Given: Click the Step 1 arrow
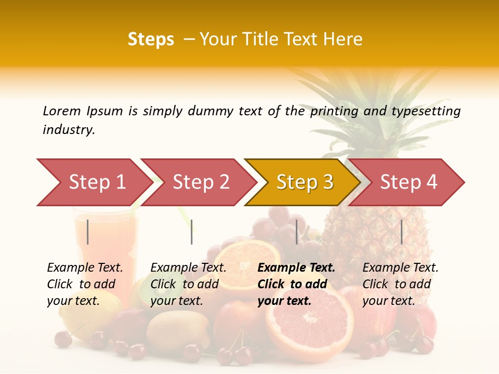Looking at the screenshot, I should pyautogui.click(x=94, y=182).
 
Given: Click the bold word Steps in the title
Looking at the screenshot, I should pyautogui.click(x=151, y=39).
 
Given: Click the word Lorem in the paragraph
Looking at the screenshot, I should pyautogui.click(x=61, y=111).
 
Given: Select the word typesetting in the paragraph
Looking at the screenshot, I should pyautogui.click(x=426, y=111).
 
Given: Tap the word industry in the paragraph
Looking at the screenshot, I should pyautogui.click(x=69, y=130).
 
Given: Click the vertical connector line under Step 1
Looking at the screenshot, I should pyautogui.click(x=88, y=232).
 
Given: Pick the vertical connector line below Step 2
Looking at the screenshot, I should pyautogui.click(x=192, y=232).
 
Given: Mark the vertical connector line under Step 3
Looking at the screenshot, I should pyautogui.click(x=297, y=232).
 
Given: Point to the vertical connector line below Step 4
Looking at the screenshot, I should pyautogui.click(x=401, y=232).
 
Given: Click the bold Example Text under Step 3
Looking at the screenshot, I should pyautogui.click(x=296, y=268).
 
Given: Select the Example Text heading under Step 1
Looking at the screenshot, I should pyautogui.click(x=85, y=268).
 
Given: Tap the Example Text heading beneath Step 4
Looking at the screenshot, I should pyautogui.click(x=400, y=268).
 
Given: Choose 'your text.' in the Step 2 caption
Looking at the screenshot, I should pyautogui.click(x=176, y=301).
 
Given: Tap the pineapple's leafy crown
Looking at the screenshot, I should pyautogui.click(x=364, y=109).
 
